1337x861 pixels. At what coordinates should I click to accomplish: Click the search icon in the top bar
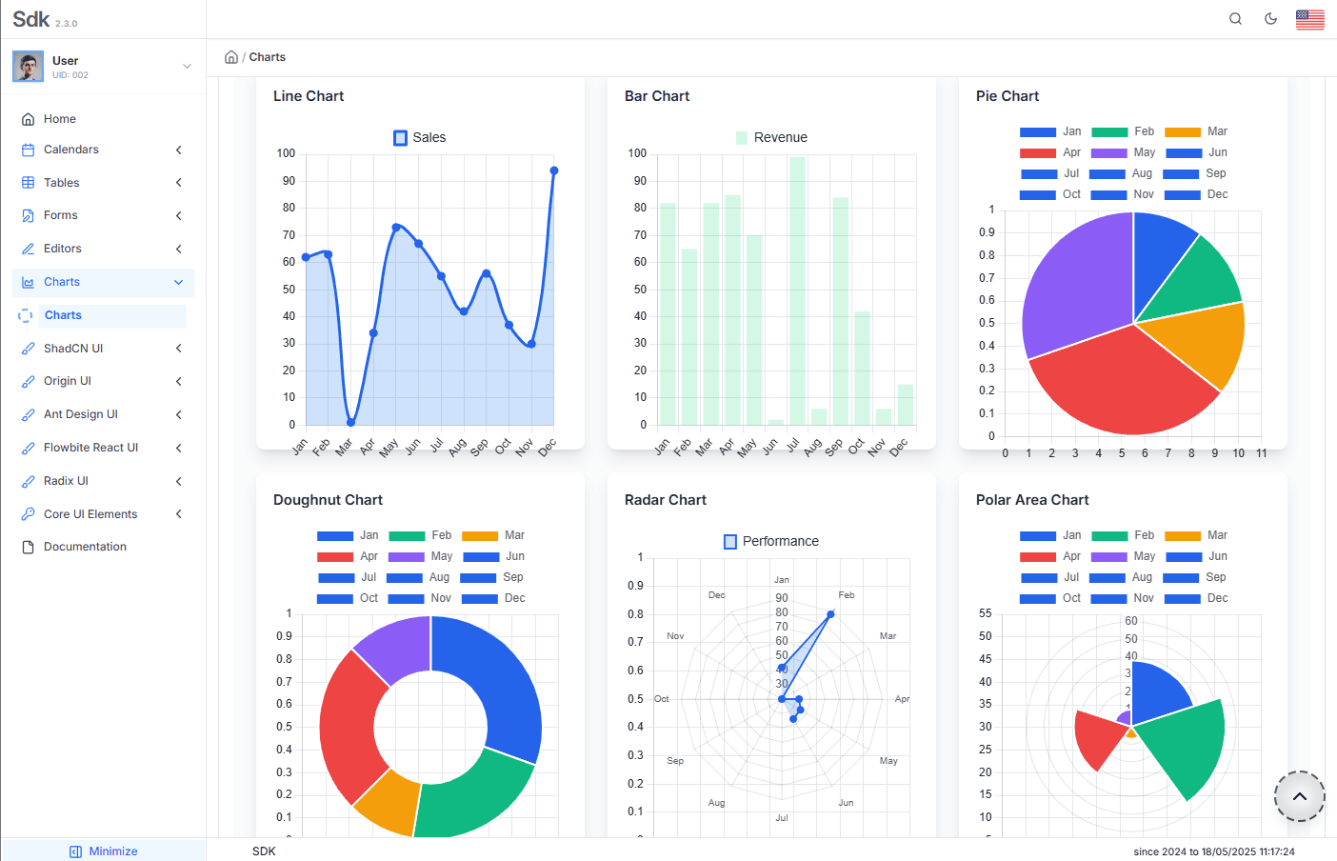click(x=1235, y=19)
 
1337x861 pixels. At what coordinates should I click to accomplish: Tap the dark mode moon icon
click(x=1270, y=19)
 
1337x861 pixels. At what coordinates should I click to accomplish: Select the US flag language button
click(x=1309, y=19)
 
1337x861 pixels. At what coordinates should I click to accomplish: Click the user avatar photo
click(x=28, y=67)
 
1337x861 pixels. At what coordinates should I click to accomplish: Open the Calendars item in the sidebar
click(x=71, y=150)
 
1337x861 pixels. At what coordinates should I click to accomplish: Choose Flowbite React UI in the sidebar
click(x=90, y=448)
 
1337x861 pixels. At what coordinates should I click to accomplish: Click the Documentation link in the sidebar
click(x=85, y=547)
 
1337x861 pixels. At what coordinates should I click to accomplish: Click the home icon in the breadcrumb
click(x=231, y=57)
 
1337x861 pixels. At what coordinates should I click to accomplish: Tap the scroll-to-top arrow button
click(x=1299, y=796)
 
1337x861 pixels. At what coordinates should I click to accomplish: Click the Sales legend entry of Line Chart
click(x=420, y=138)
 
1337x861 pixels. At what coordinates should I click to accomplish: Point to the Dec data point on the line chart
click(x=553, y=171)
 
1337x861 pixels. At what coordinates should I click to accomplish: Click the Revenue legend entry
click(x=771, y=138)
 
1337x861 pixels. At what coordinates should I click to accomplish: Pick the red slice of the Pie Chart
click(x=1114, y=381)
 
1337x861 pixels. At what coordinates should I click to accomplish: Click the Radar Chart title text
click(x=665, y=500)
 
